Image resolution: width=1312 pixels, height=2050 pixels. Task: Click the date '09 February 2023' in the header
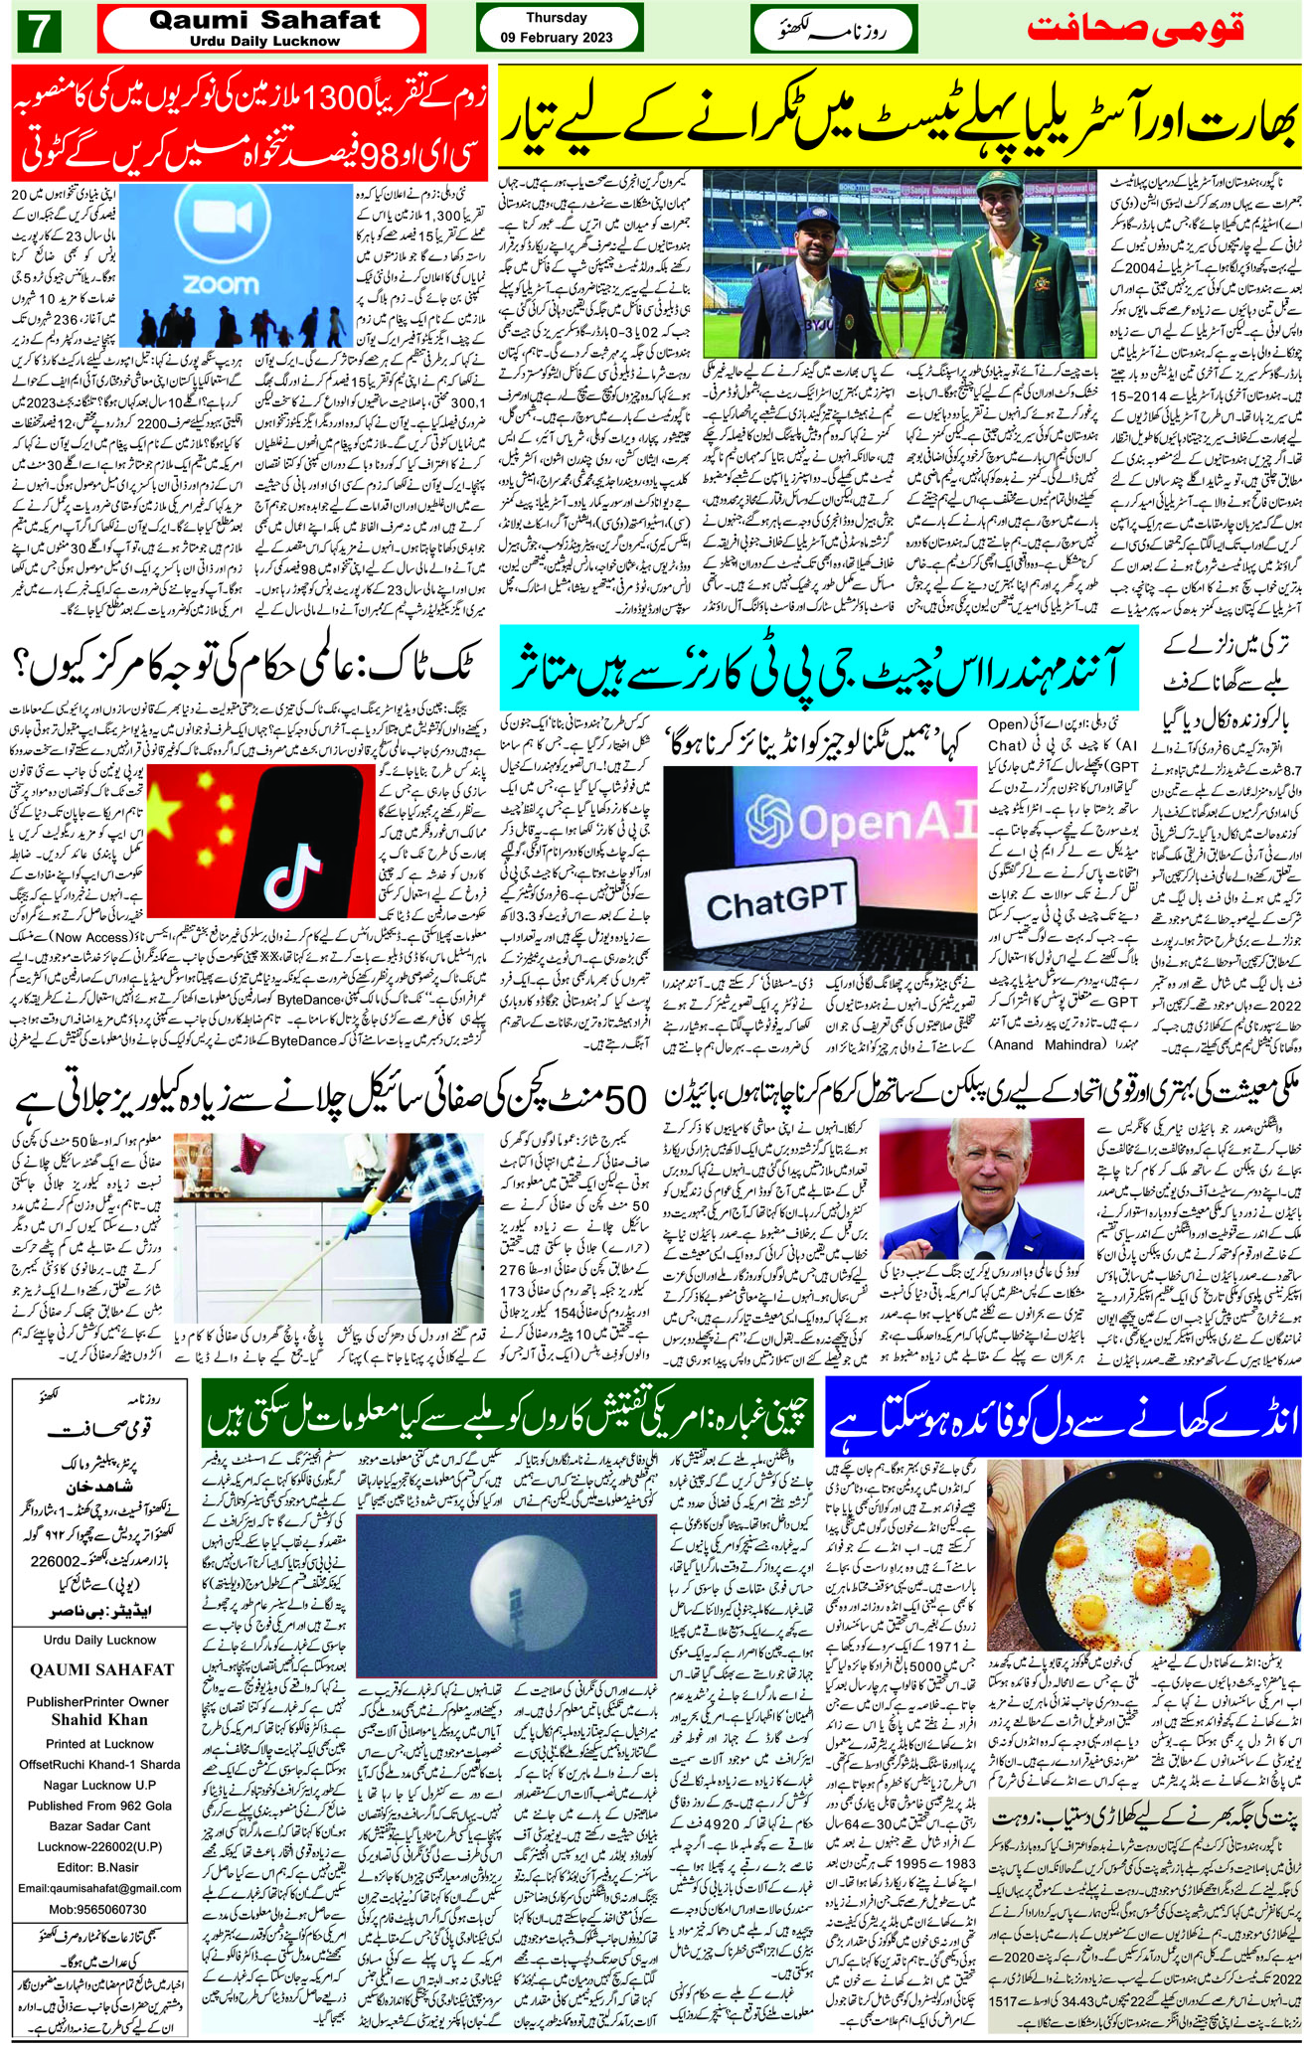coord(558,38)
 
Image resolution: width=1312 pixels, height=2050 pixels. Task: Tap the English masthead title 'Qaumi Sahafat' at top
coord(263,20)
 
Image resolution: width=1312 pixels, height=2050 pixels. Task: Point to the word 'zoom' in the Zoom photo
coord(222,285)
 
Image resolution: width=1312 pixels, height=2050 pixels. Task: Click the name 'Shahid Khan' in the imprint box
coord(99,1719)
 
